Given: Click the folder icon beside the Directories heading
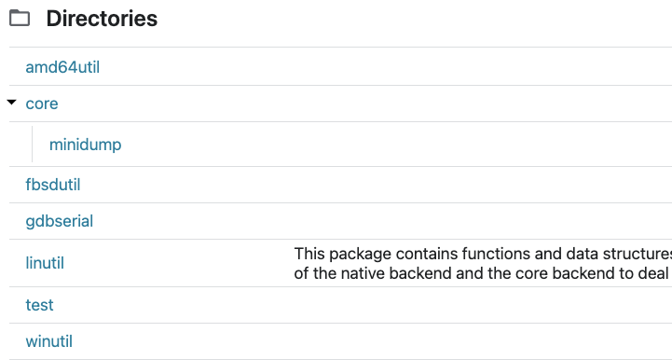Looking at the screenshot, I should [x=20, y=19].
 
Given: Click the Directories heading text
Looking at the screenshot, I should [x=102, y=19].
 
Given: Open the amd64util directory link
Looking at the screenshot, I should [x=69, y=67].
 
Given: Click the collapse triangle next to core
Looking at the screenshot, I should [x=12, y=103].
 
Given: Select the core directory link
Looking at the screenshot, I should [x=42, y=104].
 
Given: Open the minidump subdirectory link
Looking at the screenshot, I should [x=85, y=145].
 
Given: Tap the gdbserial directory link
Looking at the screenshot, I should [x=60, y=221].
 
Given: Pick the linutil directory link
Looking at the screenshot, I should [x=45, y=263].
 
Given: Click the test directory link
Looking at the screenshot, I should [x=39, y=305].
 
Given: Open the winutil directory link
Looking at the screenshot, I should [x=48, y=341].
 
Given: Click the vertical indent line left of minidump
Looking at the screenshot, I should [x=33, y=145].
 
